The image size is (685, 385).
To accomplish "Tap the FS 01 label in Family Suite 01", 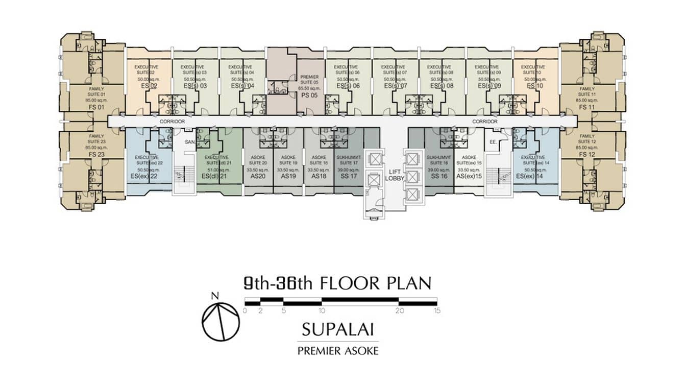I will pos(96,107).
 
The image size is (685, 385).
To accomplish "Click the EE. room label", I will pos(493,142).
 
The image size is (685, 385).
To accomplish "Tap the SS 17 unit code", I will pos(349,176).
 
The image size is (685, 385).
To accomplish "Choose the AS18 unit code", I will pos(319,176).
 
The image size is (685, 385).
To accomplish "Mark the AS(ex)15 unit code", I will pos(469,176).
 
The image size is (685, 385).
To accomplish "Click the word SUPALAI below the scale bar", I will pos(337,329).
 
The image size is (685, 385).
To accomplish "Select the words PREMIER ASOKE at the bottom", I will pos(337,351).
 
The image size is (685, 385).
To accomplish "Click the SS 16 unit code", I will pos(438,176).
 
